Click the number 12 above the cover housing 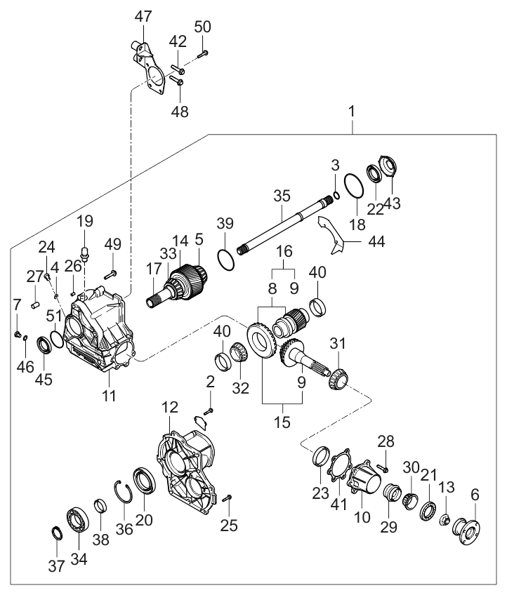[170, 407]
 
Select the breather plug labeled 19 [84, 253]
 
